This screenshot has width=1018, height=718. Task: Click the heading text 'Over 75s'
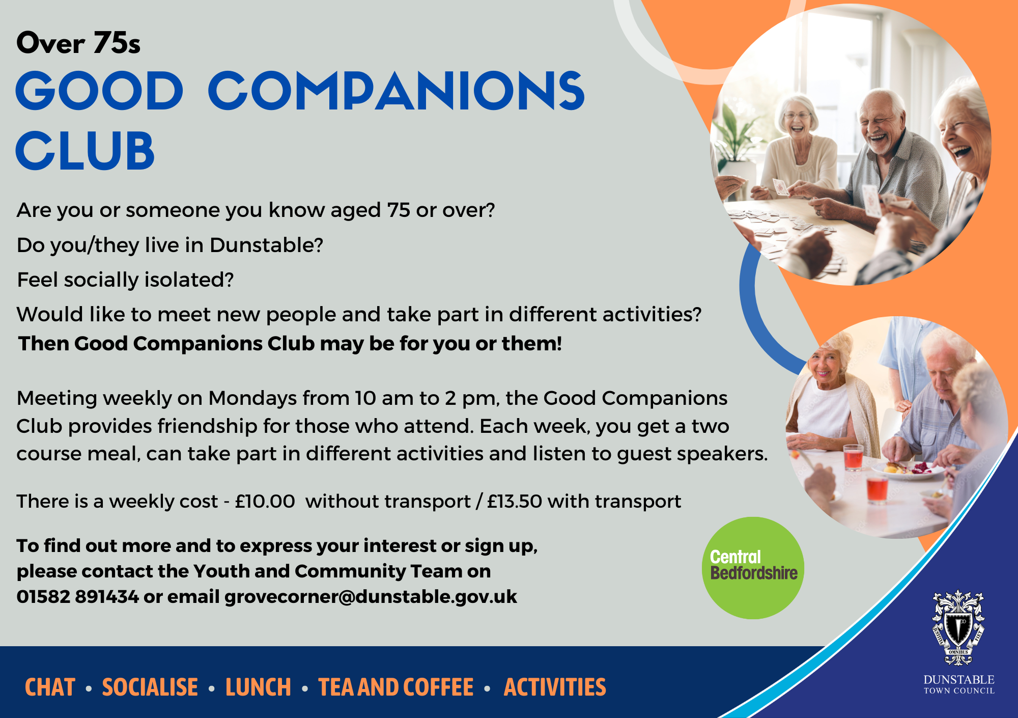(78, 43)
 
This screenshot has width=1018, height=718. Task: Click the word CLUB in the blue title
(85, 151)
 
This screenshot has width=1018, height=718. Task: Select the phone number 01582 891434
(77, 596)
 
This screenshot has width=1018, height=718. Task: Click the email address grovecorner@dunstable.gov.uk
(371, 596)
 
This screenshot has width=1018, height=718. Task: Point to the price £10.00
(265, 502)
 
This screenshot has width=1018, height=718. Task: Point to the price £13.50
(514, 502)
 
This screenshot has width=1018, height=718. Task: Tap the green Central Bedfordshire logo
(753, 568)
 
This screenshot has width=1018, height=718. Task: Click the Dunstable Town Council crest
(958, 627)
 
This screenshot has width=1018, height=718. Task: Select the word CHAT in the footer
(50, 687)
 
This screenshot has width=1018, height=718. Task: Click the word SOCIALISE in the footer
(150, 687)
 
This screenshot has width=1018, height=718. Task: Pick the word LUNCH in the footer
(258, 687)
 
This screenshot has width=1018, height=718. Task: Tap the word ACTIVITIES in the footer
(555, 687)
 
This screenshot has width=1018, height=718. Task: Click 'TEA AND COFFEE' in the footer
(396, 687)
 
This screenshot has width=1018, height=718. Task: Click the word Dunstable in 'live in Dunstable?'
(266, 245)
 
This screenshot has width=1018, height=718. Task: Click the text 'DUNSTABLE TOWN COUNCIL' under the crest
(959, 685)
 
